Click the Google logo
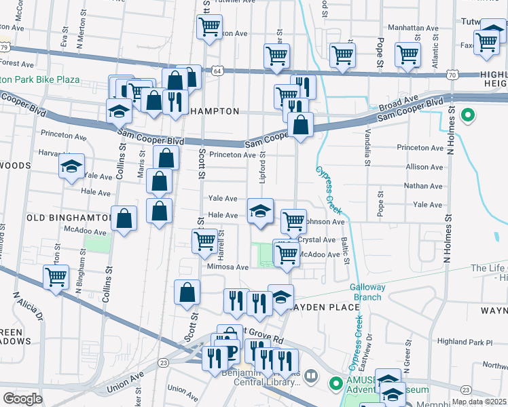22,398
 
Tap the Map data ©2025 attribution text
479,402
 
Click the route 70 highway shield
452,75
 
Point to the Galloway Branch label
367,292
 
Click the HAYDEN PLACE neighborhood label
326,307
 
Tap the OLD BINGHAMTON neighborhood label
68,218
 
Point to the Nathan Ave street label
423,185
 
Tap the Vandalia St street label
368,147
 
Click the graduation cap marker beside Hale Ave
260,211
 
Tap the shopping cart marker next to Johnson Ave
293,220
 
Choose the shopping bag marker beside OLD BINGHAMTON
124,218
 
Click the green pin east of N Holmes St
467,115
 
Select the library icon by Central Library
310,374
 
